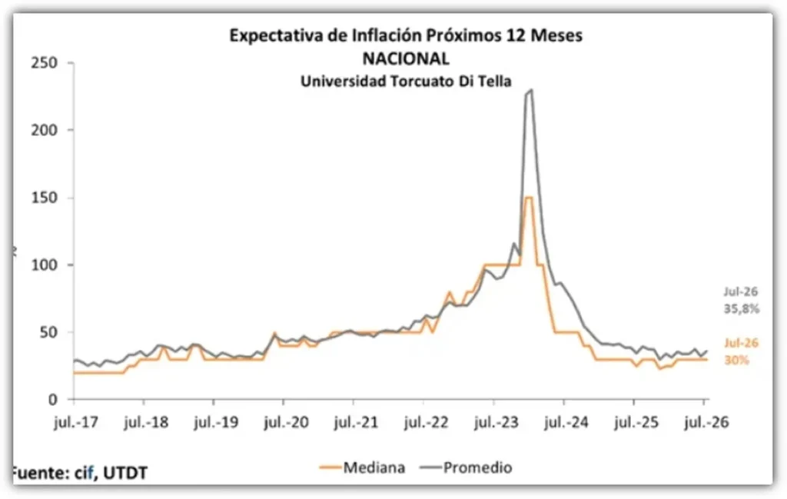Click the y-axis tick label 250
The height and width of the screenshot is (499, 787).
click(x=44, y=63)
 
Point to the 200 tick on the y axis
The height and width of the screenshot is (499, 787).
click(x=44, y=130)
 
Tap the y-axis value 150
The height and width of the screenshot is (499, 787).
click(x=44, y=198)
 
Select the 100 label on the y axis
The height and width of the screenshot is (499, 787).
click(x=44, y=265)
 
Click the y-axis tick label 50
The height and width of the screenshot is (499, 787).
click(x=48, y=333)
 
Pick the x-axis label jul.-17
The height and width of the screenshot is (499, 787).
click(x=76, y=422)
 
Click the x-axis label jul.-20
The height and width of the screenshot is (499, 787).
click(x=286, y=422)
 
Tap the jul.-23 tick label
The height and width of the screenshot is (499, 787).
click(x=496, y=422)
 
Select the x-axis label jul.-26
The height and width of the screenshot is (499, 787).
click(x=706, y=422)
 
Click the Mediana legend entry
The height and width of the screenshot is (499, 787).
click(x=363, y=468)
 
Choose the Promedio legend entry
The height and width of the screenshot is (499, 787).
click(x=467, y=468)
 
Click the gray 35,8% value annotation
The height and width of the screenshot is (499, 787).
click(x=742, y=309)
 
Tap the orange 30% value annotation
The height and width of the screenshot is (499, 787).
click(x=736, y=360)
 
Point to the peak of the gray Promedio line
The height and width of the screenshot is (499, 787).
click(x=532, y=90)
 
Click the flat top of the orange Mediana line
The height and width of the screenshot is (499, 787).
click(x=529, y=198)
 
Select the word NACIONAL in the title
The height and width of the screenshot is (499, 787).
click(x=406, y=58)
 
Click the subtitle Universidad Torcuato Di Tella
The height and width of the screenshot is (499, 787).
click(x=406, y=81)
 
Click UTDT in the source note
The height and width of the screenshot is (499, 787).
click(x=125, y=473)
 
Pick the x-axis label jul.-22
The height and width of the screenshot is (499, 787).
click(x=426, y=422)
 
